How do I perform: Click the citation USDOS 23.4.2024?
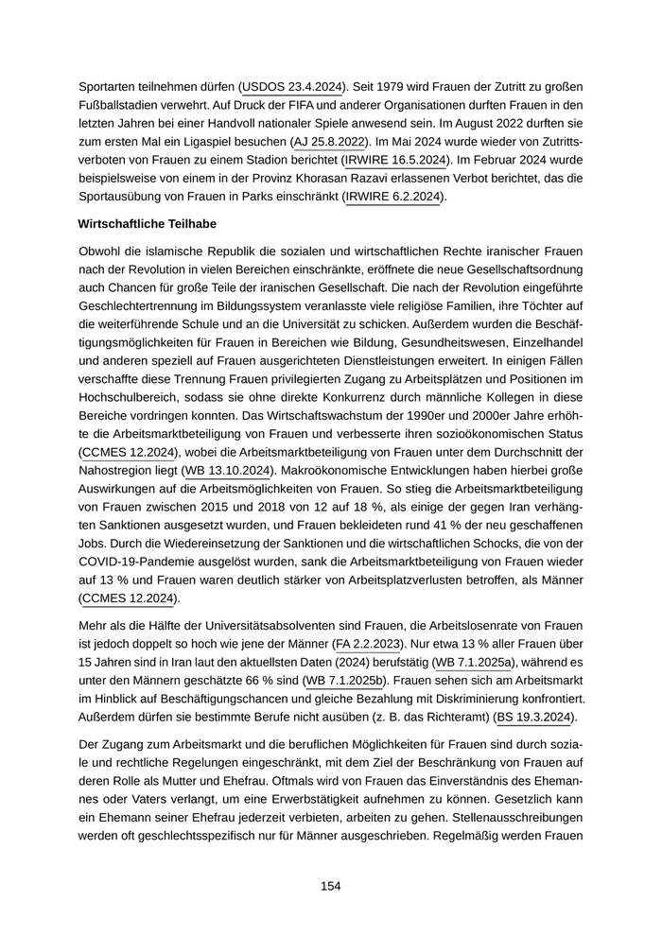coord(293,83)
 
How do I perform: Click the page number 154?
coord(330,886)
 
